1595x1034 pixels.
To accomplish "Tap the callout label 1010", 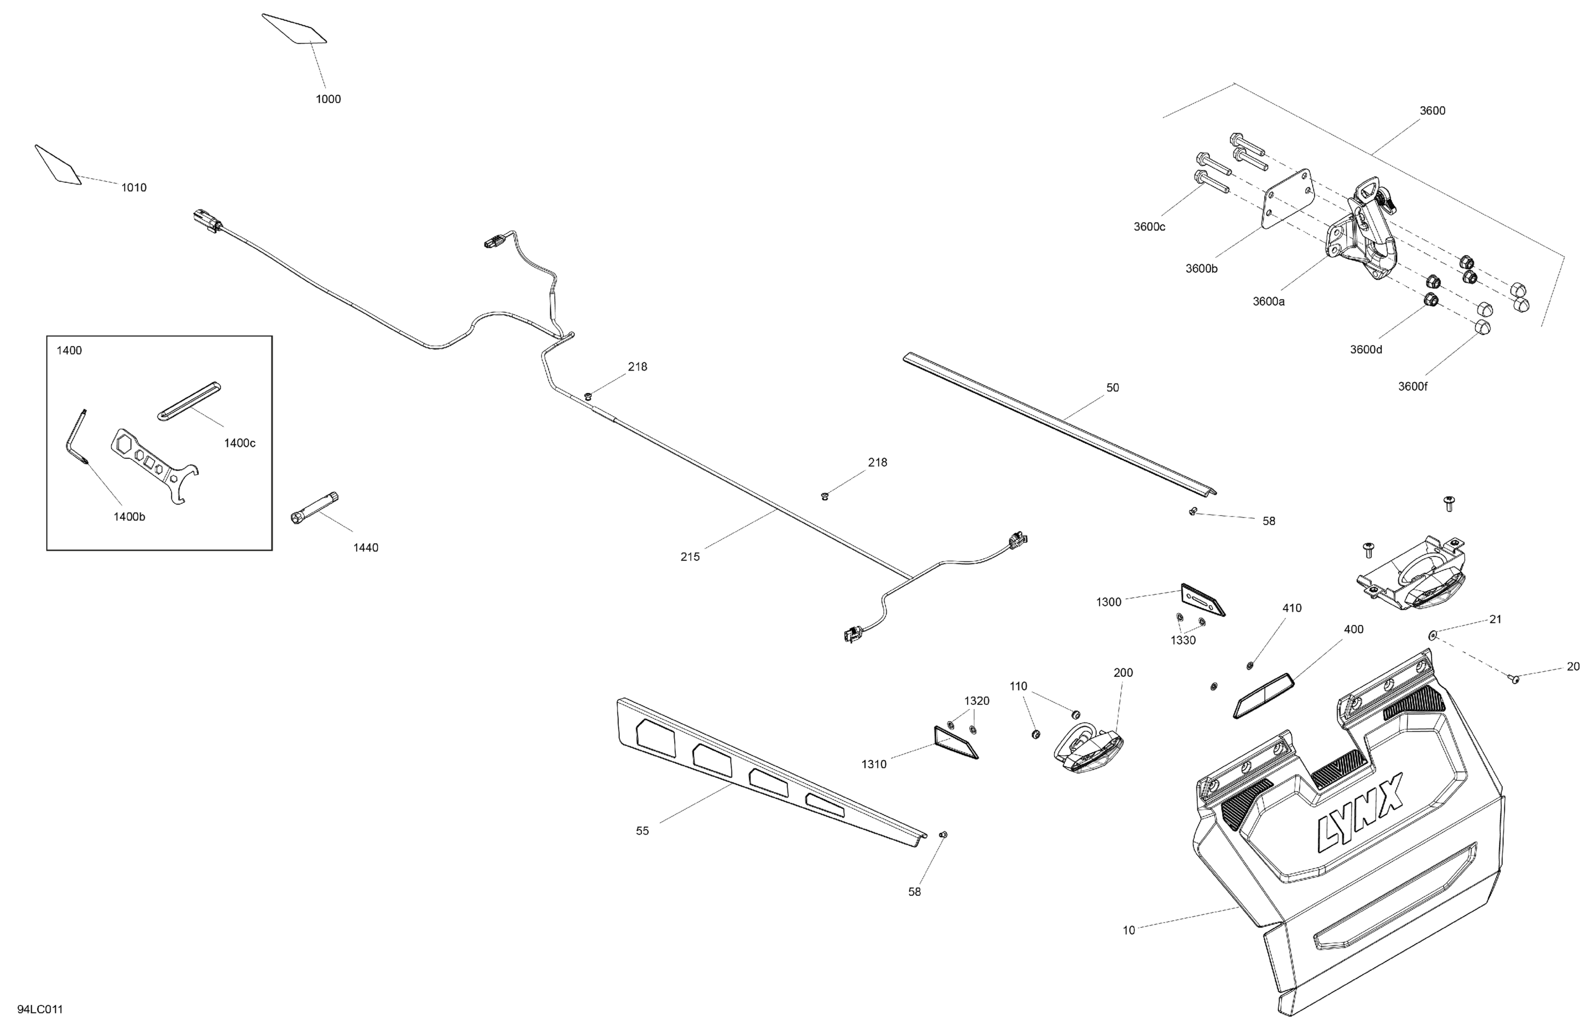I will pyautogui.click(x=133, y=188).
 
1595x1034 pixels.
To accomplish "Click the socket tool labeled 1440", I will pyautogui.click(x=315, y=508).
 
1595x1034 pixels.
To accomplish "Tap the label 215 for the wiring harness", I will pyautogui.click(x=690, y=557).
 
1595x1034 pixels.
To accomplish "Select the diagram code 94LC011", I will pyautogui.click(x=40, y=1009).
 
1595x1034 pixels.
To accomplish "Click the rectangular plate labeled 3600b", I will pyautogui.click(x=1287, y=199).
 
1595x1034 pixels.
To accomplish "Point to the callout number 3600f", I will pyautogui.click(x=1412, y=386).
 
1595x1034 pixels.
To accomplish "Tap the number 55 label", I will pyautogui.click(x=642, y=831).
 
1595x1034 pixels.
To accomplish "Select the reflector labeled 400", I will pyautogui.click(x=1263, y=695).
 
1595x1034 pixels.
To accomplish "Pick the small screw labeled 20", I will pyautogui.click(x=1516, y=679).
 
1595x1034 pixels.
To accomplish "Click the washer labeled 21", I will pyautogui.click(x=1432, y=635).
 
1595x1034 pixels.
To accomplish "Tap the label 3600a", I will pyautogui.click(x=1269, y=301).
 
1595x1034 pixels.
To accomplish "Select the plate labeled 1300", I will pyautogui.click(x=1202, y=599).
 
